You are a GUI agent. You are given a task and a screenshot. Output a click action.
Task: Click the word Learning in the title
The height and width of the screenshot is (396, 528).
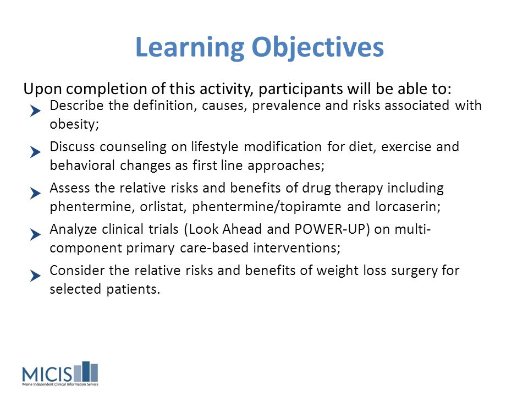190,47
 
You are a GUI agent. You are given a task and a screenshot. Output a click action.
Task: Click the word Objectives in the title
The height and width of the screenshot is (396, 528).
318,47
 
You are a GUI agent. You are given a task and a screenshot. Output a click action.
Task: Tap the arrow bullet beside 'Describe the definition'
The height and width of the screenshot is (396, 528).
35,111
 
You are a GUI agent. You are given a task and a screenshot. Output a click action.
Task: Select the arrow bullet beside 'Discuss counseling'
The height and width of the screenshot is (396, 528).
35,152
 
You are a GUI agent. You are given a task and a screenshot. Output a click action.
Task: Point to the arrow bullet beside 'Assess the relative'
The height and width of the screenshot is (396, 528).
35,193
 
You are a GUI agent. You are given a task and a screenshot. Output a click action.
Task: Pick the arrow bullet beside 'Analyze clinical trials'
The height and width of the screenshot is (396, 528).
35,234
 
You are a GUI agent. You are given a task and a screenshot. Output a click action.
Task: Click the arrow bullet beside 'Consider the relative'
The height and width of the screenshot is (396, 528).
35,276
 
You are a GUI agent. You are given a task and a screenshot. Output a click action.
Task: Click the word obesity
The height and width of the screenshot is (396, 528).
74,124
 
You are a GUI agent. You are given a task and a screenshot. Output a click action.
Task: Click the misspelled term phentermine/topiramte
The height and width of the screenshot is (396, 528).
266,207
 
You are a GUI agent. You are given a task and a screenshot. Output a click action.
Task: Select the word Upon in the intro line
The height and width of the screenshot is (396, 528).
42,89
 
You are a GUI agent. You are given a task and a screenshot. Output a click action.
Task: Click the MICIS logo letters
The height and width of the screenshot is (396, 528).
47,374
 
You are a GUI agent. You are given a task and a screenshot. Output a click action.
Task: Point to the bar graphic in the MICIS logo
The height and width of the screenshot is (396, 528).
86,372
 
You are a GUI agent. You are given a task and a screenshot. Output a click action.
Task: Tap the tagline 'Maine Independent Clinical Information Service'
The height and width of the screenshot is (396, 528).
61,384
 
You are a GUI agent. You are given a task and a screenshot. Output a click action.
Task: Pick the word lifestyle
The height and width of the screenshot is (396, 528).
215,147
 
